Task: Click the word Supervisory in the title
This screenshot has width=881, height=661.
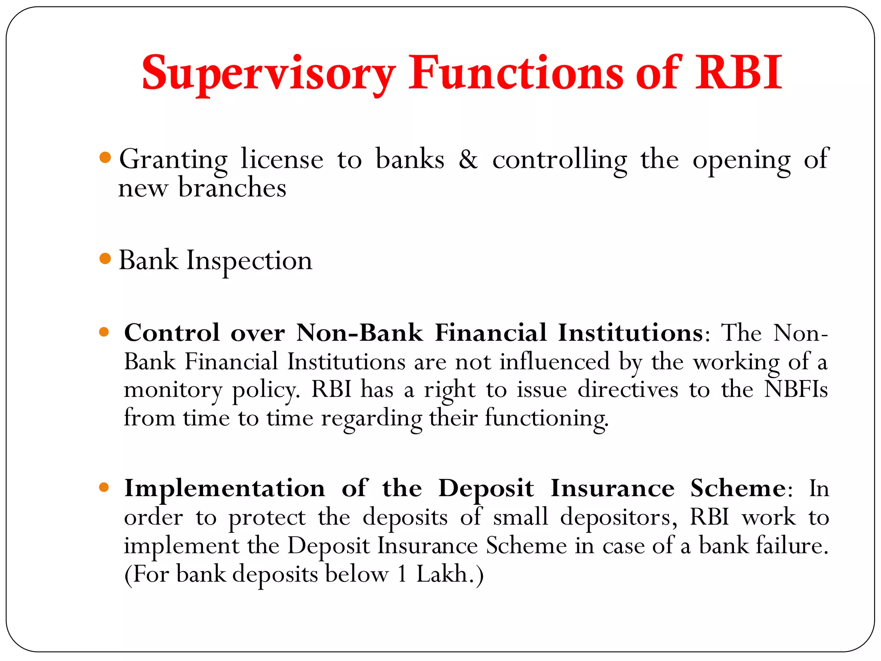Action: tap(268, 73)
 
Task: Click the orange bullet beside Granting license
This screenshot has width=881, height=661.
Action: tap(105, 158)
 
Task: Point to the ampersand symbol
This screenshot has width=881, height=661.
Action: tap(468, 159)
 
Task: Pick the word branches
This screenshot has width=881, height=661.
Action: tap(232, 188)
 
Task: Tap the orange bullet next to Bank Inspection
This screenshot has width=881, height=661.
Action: tap(105, 259)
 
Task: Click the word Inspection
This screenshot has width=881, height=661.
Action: tap(249, 261)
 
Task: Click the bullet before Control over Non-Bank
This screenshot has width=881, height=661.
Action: tap(104, 332)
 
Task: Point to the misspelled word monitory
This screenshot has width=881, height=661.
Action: tap(173, 390)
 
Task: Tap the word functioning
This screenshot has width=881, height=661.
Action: tap(546, 418)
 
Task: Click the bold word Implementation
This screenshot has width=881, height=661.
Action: tap(225, 488)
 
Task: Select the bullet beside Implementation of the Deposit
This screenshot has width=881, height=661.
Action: tap(104, 488)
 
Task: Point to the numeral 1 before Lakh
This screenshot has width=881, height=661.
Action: tap(402, 574)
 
